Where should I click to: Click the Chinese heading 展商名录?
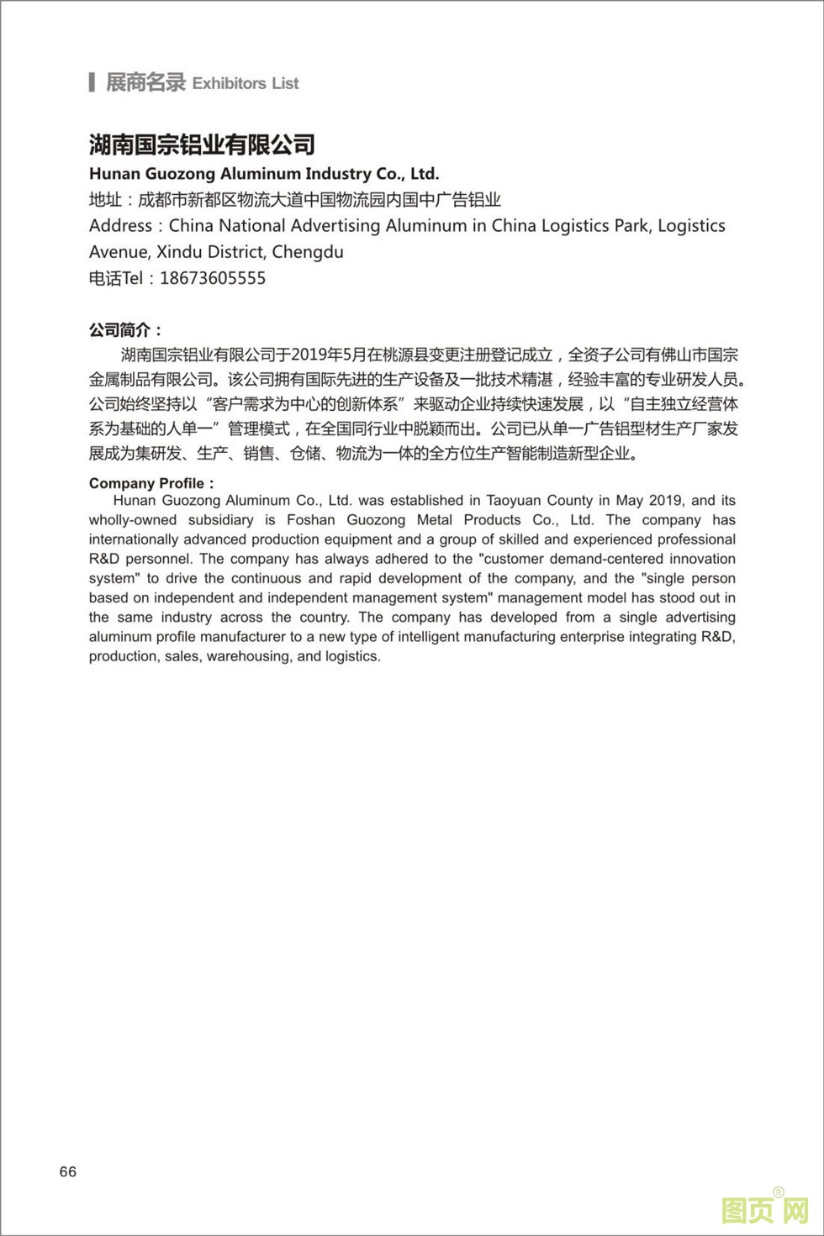click(145, 82)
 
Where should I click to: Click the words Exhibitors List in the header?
click(246, 83)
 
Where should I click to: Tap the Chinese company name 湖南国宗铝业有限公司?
click(202, 145)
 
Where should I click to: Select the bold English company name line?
click(264, 174)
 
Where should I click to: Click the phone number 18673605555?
click(213, 278)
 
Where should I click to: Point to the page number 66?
click(68, 1171)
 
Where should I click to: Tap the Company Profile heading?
click(151, 483)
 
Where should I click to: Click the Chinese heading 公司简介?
click(124, 330)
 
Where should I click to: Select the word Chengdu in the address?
click(308, 251)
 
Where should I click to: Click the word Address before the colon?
click(120, 225)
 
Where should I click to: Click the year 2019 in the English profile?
click(666, 500)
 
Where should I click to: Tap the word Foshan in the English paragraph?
click(310, 519)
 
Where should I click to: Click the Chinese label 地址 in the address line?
click(105, 200)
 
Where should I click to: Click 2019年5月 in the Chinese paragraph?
click(327, 355)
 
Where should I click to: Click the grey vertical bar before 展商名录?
click(92, 82)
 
